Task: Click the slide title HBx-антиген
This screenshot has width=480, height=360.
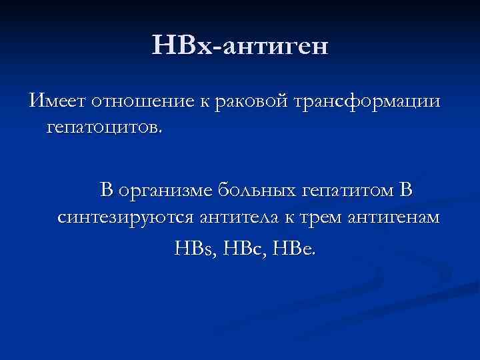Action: pyautogui.click(x=240, y=47)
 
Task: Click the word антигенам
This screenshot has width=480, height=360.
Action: pyautogui.click(x=401, y=217)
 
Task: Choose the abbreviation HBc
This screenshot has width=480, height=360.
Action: pyautogui.click(x=243, y=249)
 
